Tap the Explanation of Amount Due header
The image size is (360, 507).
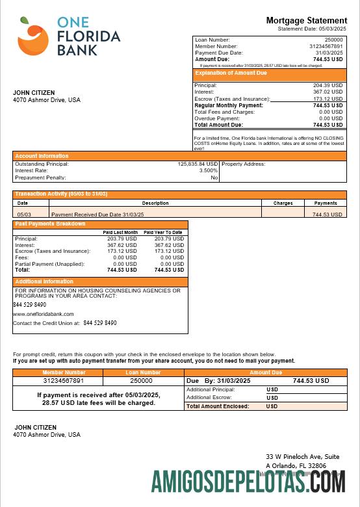click(231, 73)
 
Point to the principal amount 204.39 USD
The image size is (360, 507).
click(328, 85)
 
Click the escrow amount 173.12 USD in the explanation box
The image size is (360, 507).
click(328, 99)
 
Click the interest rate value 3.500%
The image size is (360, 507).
click(209, 170)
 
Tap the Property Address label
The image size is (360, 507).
click(244, 164)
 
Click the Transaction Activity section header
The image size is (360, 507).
click(61, 194)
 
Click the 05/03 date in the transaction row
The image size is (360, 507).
click(24, 214)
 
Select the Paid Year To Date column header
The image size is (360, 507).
click(163, 232)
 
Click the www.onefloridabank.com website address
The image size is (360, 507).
click(44, 314)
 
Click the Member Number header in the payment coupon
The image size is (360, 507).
click(58, 372)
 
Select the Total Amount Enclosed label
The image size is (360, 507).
click(218, 406)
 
